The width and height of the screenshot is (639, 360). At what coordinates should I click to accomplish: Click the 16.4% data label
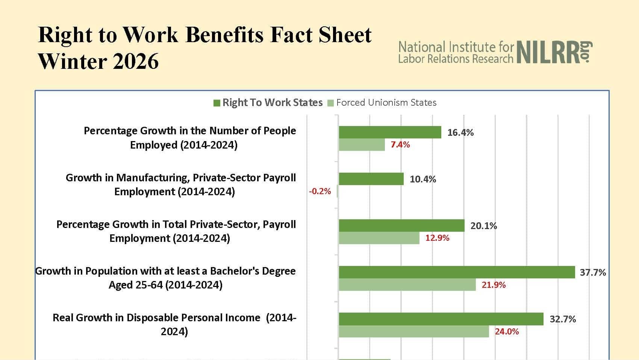click(460, 132)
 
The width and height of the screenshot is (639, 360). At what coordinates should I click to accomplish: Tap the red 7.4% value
click(400, 145)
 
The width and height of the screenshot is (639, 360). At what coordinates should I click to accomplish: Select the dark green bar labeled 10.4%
click(371, 179)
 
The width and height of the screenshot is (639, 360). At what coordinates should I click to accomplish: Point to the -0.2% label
click(320, 191)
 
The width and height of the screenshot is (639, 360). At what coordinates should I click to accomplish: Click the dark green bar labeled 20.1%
click(401, 226)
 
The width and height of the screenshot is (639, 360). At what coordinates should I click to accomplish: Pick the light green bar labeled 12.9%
click(379, 238)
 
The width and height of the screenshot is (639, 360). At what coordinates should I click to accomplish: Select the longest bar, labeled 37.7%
click(457, 272)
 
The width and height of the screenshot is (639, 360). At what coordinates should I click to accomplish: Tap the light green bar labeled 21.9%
click(407, 285)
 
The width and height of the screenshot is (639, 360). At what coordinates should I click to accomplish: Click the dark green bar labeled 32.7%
click(441, 319)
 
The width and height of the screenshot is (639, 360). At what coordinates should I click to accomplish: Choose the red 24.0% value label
click(507, 331)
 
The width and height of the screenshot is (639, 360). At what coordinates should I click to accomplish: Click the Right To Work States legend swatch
click(217, 103)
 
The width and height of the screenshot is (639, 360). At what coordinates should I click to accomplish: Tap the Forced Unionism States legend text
click(386, 103)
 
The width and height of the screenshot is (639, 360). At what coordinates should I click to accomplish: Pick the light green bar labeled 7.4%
click(362, 145)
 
